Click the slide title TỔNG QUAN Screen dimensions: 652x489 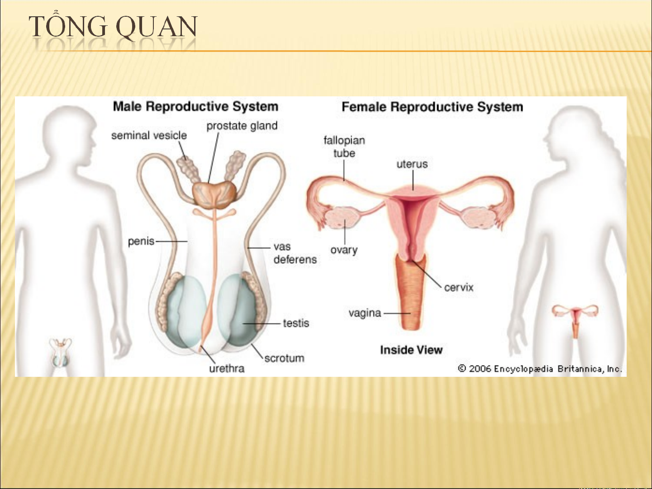(113, 26)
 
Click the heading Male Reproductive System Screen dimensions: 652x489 (195, 106)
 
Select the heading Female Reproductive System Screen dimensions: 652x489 (432, 107)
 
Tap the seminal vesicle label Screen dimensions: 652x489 (149, 136)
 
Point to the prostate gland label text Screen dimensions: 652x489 (242, 126)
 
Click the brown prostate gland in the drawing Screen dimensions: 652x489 (214, 195)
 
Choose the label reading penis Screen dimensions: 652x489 (141, 242)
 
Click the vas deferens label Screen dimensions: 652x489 (295, 253)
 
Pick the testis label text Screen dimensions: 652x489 (296, 323)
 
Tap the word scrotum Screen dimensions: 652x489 (284, 358)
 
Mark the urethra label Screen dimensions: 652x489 (227, 369)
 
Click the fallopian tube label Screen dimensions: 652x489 (344, 147)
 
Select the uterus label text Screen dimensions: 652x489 (412, 164)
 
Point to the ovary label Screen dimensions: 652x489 (344, 250)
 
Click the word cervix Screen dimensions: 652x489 (459, 287)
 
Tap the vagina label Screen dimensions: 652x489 (365, 313)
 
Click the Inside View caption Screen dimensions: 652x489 (411, 350)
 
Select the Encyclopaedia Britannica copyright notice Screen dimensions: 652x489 (540, 369)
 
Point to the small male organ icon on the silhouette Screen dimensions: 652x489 (61, 353)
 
